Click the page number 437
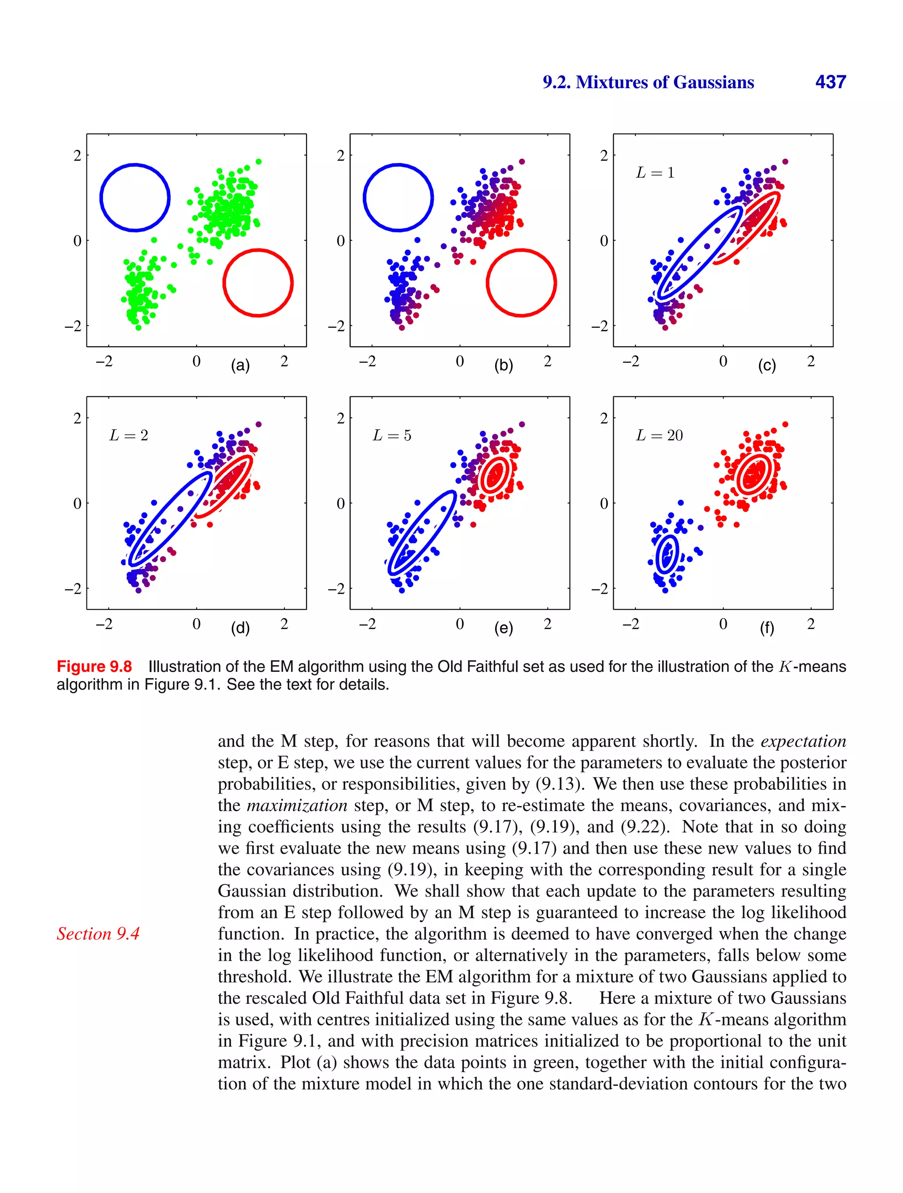(830, 82)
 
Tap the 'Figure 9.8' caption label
(94, 667)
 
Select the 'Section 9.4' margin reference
(98, 934)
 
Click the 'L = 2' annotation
(128, 435)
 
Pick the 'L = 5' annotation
(392, 435)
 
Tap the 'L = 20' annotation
(659, 435)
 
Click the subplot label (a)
(240, 365)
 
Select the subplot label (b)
(503, 365)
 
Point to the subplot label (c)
(766, 365)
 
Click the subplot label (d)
(240, 628)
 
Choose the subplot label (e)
(503, 628)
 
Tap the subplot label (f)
(766, 628)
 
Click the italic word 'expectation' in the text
(803, 741)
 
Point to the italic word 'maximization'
(297, 805)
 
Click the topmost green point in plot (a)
(258, 162)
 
